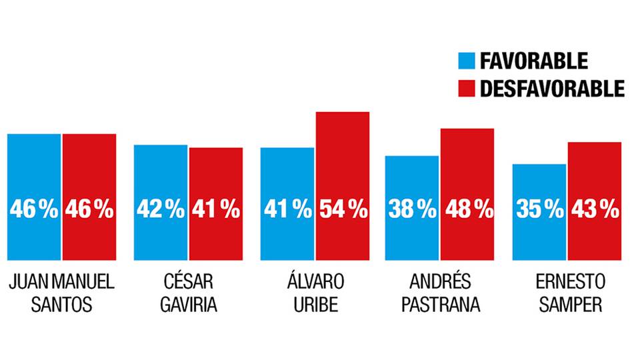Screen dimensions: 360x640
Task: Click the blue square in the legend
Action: click(x=466, y=61)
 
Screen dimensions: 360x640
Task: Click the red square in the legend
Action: click(x=466, y=88)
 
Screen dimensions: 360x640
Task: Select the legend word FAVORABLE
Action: click(x=533, y=61)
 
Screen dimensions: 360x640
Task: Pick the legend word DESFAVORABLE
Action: click(x=552, y=88)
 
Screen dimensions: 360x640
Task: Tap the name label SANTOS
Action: click(x=61, y=306)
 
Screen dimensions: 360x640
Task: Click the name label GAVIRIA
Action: click(x=188, y=306)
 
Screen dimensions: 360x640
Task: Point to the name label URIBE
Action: click(x=315, y=306)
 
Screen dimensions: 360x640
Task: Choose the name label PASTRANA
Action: click(x=440, y=306)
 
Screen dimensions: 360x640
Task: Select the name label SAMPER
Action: click(x=567, y=306)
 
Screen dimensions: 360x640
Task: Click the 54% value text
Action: click(x=343, y=210)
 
